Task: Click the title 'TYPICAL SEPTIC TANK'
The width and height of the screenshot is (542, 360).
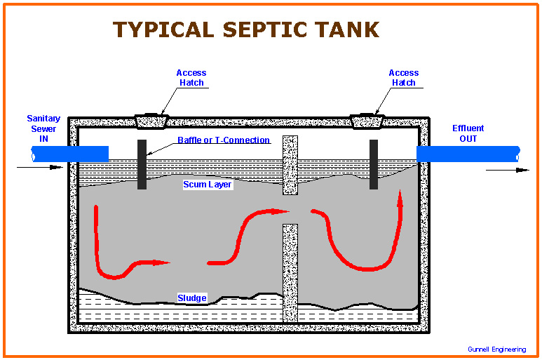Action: point(246,29)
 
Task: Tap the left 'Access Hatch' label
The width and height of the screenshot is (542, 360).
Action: point(191,77)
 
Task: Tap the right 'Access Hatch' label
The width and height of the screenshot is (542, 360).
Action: point(403,77)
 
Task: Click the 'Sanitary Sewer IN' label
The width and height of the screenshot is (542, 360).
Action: point(43,128)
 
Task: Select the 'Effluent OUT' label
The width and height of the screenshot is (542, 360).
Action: point(468,133)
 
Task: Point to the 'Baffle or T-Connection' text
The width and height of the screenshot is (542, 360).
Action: point(224,140)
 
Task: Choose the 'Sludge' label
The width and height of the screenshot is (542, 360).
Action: point(191,298)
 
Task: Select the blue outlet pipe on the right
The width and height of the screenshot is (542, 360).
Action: point(468,154)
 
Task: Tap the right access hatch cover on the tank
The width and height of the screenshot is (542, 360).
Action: point(371,121)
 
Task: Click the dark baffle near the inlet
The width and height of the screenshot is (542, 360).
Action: point(142,164)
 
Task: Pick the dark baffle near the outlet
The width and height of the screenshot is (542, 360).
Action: point(374,164)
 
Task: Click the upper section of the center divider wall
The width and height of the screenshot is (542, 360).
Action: point(290,165)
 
